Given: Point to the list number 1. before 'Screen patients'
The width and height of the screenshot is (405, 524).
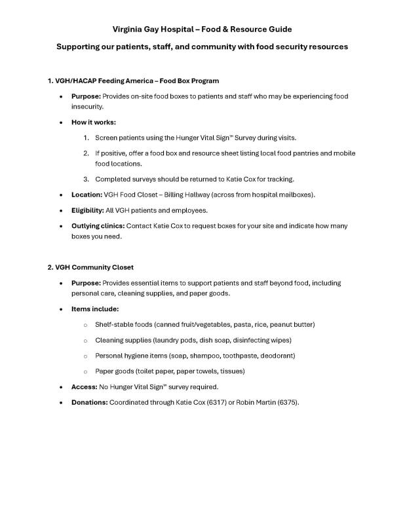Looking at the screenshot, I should pos(86,138).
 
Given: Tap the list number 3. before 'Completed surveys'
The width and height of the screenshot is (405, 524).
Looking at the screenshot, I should pos(86,179).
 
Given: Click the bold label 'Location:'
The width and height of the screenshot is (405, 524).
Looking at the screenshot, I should pos(87,195).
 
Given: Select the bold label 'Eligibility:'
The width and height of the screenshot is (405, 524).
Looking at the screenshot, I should pos(88,210).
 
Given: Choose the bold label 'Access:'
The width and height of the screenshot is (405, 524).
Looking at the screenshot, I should pos(84,386).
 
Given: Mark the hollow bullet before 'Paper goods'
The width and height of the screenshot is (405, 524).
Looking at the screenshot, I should pos(85,371).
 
